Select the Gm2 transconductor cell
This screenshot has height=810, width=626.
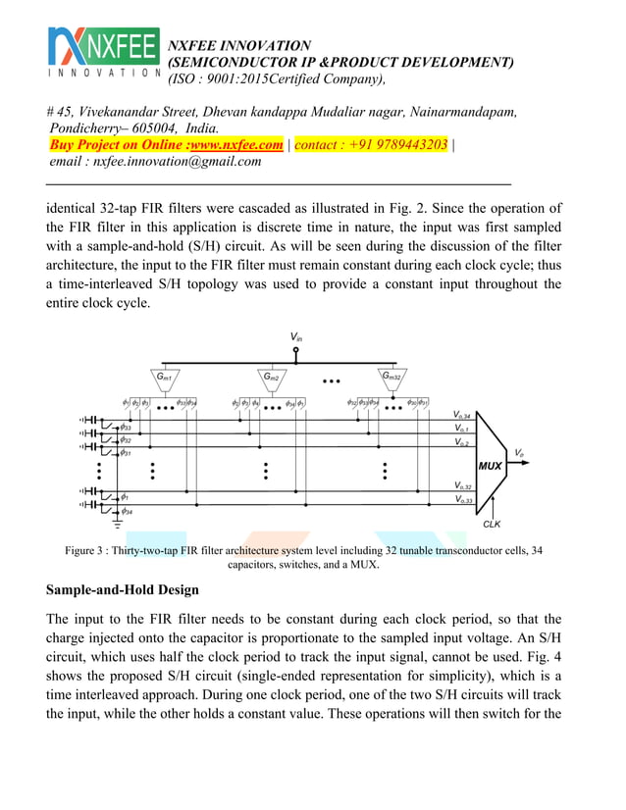pos(273,377)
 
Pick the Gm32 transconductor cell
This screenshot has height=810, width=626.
pos(392,377)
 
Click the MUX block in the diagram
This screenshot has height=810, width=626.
pos(491,465)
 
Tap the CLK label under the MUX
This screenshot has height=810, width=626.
pos(492,524)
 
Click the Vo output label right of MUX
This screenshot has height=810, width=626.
pos(519,453)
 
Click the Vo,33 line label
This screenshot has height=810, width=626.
pos(462,500)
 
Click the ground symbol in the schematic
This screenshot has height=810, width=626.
pos(117,525)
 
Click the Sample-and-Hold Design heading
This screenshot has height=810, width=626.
pos(123,589)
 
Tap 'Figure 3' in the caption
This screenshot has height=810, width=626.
pos(87,551)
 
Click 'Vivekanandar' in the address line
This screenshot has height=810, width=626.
pos(122,112)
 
